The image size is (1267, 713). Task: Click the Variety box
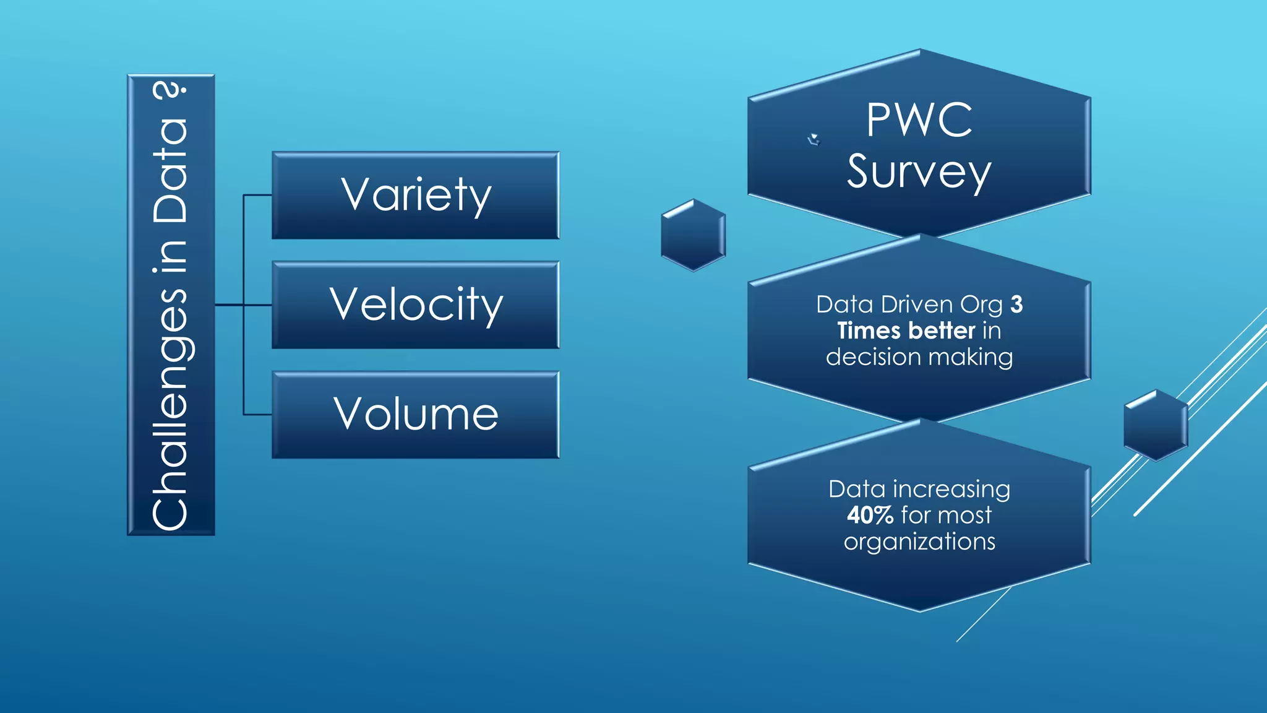[416, 195]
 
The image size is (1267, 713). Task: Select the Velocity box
[416, 305]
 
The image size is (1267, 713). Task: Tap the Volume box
[416, 414]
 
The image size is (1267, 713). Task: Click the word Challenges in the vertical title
[170, 408]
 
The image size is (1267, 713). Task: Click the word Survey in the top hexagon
[919, 172]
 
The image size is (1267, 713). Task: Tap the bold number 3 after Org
[1016, 305]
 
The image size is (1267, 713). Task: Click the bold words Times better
[906, 331]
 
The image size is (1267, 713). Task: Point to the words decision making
[919, 357]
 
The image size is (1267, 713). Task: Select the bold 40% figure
[870, 515]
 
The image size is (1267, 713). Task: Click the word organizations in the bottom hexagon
[919, 542]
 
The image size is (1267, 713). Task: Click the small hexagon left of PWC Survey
[693, 235]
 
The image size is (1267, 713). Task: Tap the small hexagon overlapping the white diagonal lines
[1156, 425]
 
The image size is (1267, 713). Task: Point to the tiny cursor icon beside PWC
[814, 139]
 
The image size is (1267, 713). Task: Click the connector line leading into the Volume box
[257, 414]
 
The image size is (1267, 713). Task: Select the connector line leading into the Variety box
[257, 195]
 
